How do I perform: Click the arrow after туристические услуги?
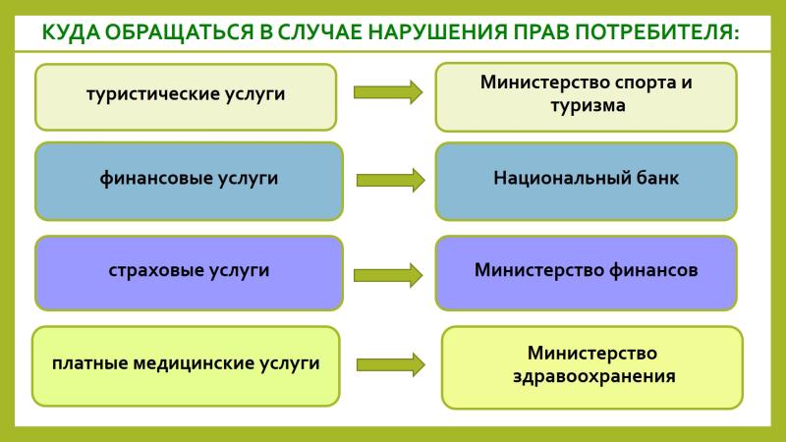(388, 92)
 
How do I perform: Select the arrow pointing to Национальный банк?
(390, 180)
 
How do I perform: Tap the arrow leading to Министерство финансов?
(388, 275)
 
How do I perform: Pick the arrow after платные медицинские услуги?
(390, 364)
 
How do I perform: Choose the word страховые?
(156, 271)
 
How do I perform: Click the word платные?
(90, 363)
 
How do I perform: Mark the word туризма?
(588, 106)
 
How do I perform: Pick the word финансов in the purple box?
(653, 270)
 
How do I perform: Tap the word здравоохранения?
(594, 376)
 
